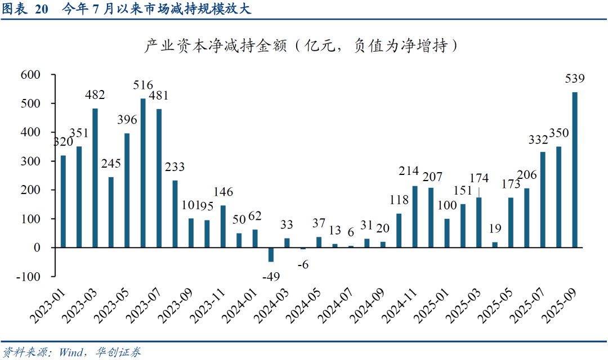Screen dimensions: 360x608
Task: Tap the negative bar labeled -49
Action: (x=271, y=254)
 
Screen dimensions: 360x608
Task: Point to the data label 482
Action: (x=95, y=94)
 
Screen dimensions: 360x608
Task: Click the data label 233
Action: (x=175, y=167)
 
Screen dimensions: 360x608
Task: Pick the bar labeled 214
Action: (x=415, y=217)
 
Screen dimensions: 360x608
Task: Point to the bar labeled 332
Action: (x=543, y=200)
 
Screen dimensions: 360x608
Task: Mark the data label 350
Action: (x=559, y=133)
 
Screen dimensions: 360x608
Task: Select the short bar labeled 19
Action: (x=495, y=245)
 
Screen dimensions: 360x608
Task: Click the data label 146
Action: (x=222, y=192)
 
